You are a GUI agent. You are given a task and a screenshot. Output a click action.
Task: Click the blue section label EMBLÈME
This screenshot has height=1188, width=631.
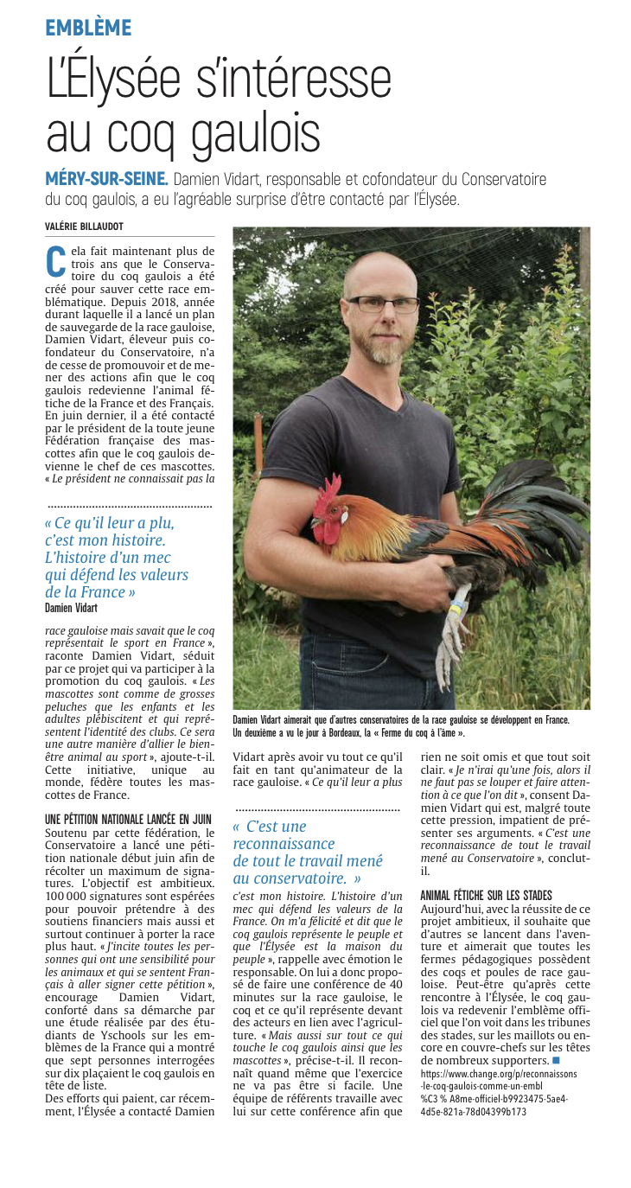coord(88,28)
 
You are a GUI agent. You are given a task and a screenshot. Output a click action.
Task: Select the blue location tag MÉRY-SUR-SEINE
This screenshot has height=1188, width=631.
coord(106,179)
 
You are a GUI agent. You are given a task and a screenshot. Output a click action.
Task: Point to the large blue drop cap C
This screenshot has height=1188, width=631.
coord(55,260)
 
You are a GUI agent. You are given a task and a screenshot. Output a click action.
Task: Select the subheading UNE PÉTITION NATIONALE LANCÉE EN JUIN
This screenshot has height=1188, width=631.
coord(128,817)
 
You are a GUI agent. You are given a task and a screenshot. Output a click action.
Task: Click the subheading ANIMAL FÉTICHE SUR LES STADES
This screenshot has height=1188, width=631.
coord(486,895)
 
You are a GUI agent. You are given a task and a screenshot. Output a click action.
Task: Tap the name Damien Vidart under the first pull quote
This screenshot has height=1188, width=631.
coord(71,608)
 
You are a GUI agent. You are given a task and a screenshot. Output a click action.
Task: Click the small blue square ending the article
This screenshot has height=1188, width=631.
coord(557,1059)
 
